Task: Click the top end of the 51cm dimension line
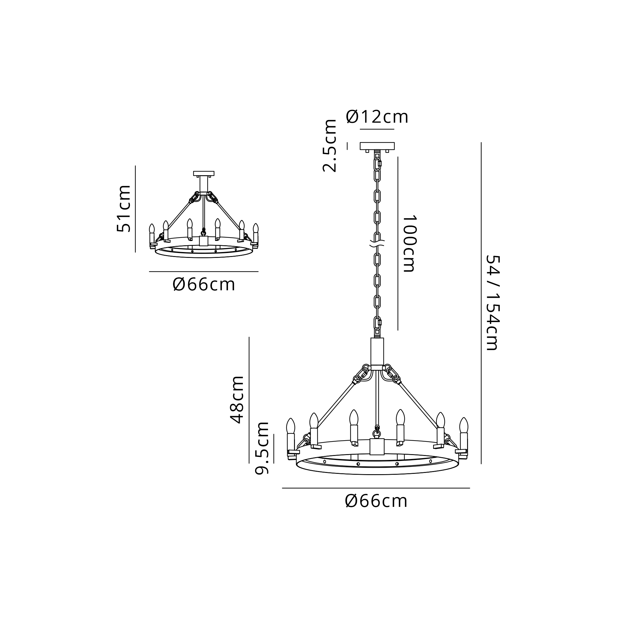(x=135, y=166)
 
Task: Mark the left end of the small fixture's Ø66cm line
(x=149, y=271)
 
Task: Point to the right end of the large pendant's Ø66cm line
(x=470, y=488)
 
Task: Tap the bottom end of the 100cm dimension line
(x=398, y=330)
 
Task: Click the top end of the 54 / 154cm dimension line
(x=481, y=143)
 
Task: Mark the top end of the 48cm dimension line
(x=249, y=337)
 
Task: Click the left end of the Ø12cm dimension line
(x=360, y=129)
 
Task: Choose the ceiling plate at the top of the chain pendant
(x=377, y=146)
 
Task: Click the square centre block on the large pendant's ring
(x=377, y=446)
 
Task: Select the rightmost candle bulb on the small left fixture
(x=255, y=228)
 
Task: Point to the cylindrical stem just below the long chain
(x=377, y=351)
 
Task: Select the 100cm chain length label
(x=409, y=243)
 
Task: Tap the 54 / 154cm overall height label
(x=492, y=303)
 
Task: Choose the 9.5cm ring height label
(x=262, y=448)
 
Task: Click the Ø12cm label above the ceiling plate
(x=377, y=117)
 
